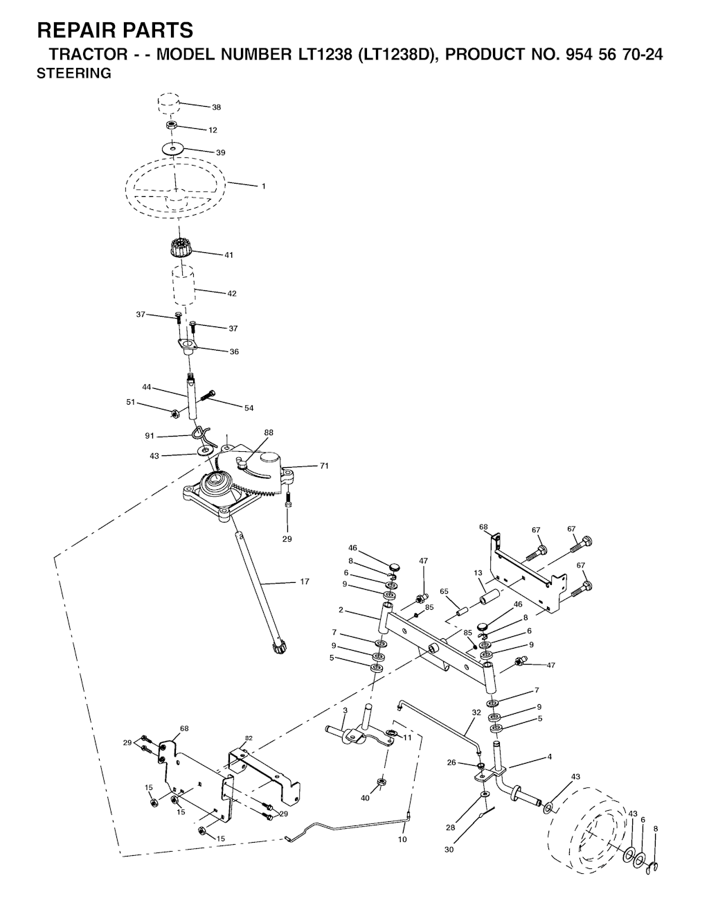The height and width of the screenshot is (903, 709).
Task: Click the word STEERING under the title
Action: coord(74,73)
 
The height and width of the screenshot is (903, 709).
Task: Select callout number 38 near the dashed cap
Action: coord(216,107)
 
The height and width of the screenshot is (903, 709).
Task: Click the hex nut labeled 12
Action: coord(170,125)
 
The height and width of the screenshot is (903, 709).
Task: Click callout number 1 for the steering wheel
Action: coord(264,186)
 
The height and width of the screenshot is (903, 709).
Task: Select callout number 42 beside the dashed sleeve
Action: coord(232,293)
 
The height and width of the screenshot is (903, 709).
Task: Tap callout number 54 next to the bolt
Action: coord(249,408)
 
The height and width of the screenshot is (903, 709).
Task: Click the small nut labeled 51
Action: coord(174,414)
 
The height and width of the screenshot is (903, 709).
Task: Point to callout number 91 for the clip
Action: coord(150,436)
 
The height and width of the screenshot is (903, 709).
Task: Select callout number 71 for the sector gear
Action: coord(324,466)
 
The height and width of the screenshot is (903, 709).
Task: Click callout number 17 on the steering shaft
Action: coord(305,581)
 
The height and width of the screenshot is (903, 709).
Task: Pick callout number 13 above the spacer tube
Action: coord(478,572)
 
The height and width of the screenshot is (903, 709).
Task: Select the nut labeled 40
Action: coord(380,782)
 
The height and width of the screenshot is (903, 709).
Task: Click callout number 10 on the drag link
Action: coord(402,839)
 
